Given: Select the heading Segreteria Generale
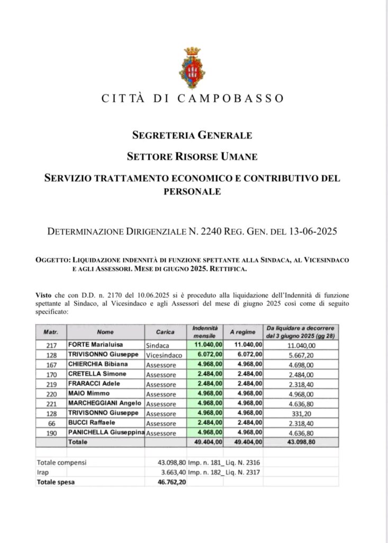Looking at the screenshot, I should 192,135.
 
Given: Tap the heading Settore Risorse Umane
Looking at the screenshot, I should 192,156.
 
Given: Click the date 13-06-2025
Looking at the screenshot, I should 312,231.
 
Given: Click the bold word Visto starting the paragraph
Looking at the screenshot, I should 44,294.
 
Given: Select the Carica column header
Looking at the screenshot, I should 165,332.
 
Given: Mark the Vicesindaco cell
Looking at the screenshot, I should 164,354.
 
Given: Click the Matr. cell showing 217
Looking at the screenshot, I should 51,345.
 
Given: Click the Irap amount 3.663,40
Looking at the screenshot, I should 168,472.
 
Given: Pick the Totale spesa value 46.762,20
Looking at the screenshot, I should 168,482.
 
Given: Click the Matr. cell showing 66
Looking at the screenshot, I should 51,423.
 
